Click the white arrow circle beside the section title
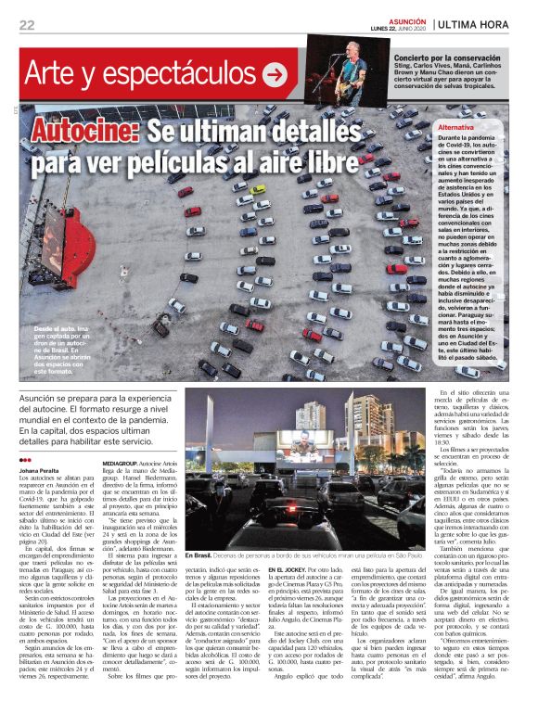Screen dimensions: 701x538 pyautogui.click(x=275, y=75)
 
